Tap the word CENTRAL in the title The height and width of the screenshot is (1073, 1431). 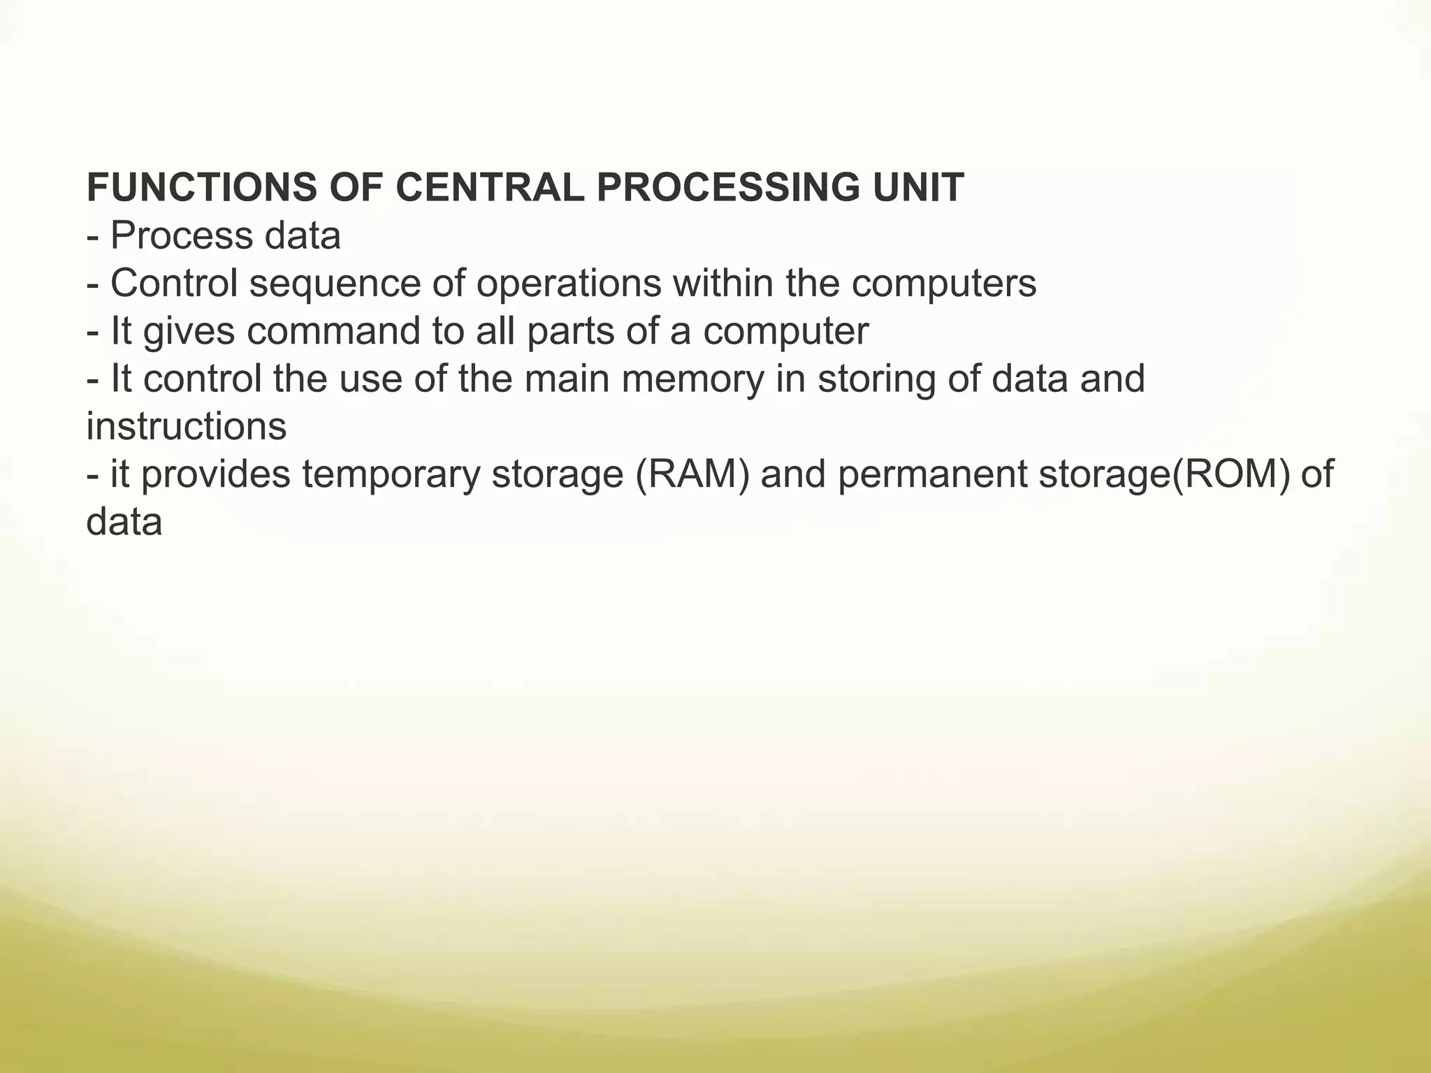[x=490, y=188]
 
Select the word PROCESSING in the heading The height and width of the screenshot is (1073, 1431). [x=727, y=188]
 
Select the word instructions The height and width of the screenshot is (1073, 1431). [x=186, y=426]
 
